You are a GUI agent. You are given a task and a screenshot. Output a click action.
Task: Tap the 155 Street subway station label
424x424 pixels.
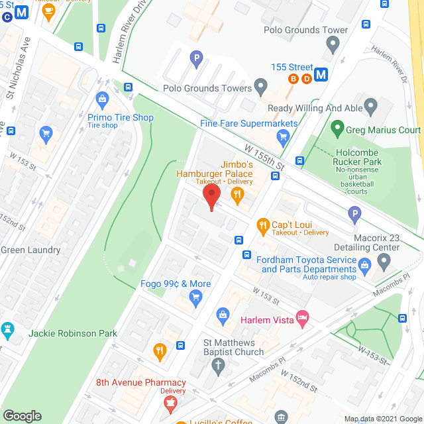pos(292,67)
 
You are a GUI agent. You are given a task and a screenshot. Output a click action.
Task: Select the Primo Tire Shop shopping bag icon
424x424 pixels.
pos(102,101)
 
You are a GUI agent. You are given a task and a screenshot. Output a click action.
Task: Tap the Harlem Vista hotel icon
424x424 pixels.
pos(302,319)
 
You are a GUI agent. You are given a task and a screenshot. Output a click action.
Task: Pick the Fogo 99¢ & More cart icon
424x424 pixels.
pos(195,299)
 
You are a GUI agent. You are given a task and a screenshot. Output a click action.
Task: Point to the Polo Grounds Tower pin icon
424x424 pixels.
pos(333,45)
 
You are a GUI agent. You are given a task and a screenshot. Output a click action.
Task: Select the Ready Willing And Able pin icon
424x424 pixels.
pos(370,106)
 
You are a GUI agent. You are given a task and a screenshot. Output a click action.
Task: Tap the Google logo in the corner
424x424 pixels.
pos(22,415)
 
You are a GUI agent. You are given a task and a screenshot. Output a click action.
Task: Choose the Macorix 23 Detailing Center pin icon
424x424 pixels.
pos(384,261)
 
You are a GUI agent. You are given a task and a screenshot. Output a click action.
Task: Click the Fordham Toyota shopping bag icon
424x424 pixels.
pos(364,266)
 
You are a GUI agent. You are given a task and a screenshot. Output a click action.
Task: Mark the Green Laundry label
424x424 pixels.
pos(30,250)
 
